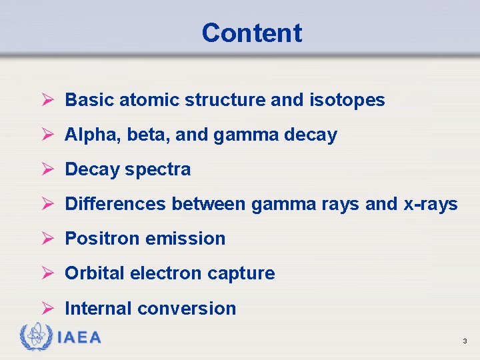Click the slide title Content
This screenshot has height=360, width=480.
(251, 33)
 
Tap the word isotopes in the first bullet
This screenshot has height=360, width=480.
(347, 100)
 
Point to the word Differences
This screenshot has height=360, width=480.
(115, 204)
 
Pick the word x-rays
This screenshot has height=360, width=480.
(431, 204)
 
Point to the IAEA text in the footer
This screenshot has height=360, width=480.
(79, 338)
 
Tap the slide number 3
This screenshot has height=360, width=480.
(465, 341)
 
